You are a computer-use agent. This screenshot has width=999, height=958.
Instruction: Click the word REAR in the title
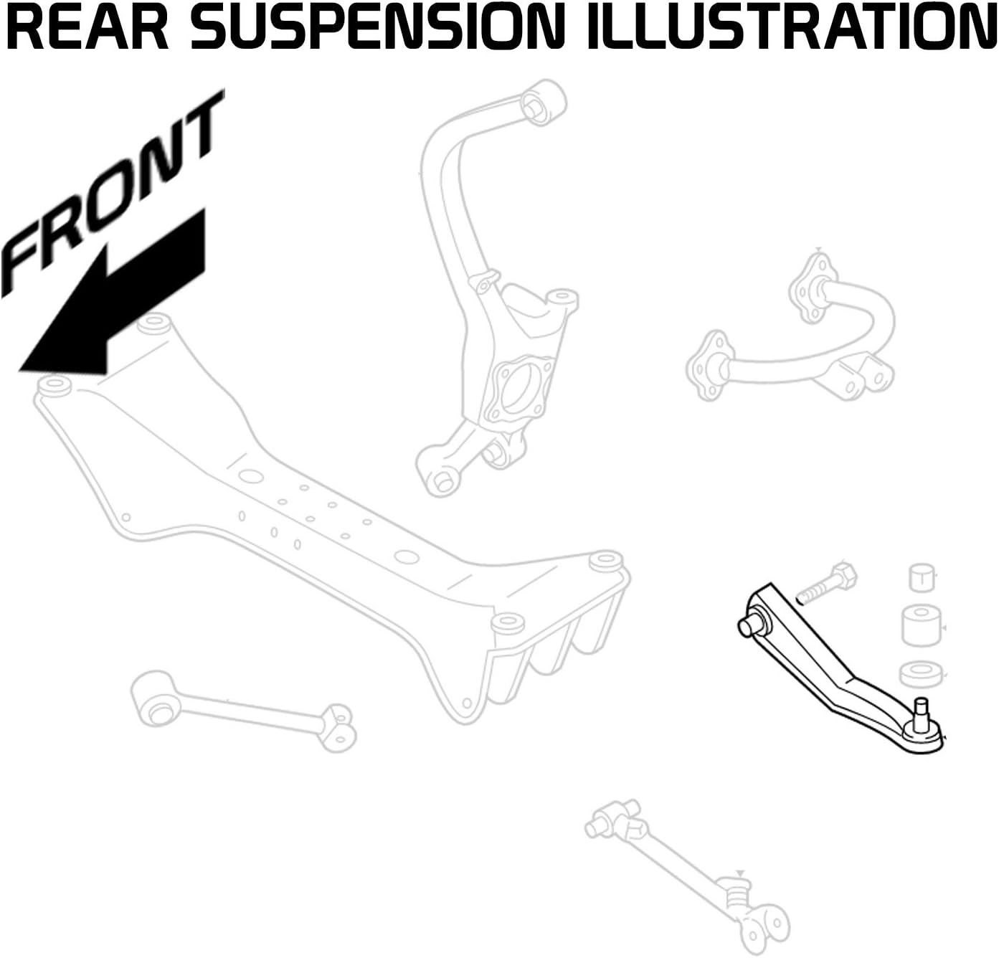pyautogui.click(x=86, y=27)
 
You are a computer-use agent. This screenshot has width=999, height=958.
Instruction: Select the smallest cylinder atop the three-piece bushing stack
pyautogui.click(x=922, y=577)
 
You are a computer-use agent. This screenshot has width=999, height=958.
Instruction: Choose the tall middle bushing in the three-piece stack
pyautogui.click(x=921, y=626)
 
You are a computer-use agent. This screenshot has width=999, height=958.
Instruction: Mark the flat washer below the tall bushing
pyautogui.click(x=920, y=673)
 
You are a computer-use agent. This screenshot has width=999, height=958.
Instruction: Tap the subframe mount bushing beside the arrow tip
pyautogui.click(x=54, y=387)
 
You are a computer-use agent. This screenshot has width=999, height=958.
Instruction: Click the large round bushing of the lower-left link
pyautogui.click(x=155, y=699)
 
